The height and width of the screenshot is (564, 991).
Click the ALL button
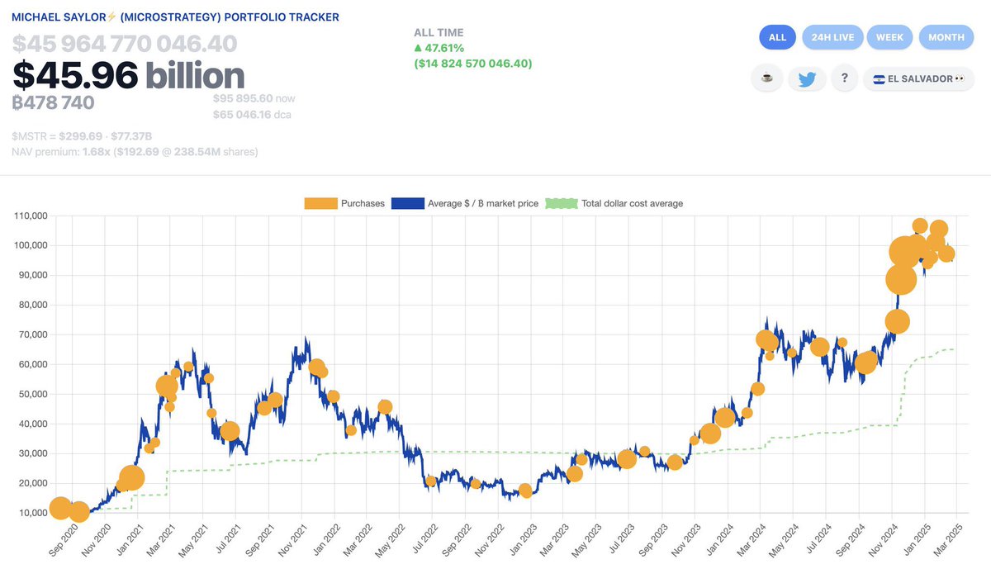pyautogui.click(x=777, y=37)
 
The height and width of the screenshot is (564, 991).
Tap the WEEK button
pyautogui.click(x=890, y=37)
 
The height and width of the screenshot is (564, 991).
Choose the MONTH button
pyautogui.click(x=946, y=37)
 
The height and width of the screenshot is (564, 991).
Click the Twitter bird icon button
pyautogui.click(x=806, y=78)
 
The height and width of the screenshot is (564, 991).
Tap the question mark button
pyautogui.click(x=844, y=78)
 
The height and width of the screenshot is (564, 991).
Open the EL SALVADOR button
pyautogui.click(x=918, y=78)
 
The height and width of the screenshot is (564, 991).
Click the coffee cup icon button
pyautogui.click(x=766, y=78)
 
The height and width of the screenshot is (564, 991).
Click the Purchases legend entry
pyautogui.click(x=344, y=203)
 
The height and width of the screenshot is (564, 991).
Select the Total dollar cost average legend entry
pyautogui.click(x=614, y=203)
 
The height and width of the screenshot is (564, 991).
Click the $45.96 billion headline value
pyautogui.click(x=128, y=76)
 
